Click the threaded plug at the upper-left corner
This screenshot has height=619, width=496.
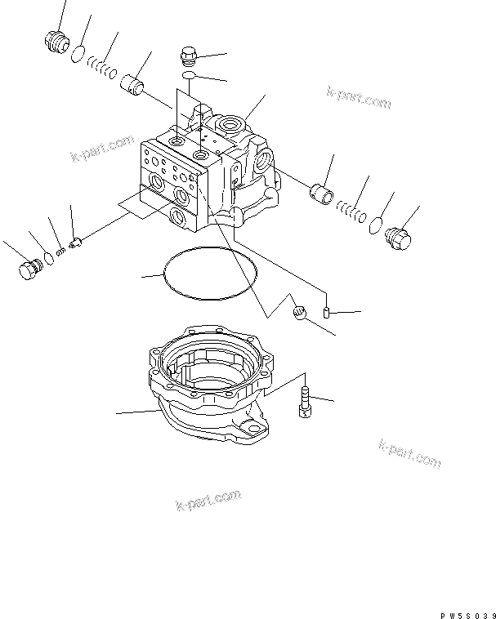pos(56,42)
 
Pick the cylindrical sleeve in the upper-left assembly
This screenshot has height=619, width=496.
pos(132,85)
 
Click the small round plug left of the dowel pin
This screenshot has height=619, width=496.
pos(299,311)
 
